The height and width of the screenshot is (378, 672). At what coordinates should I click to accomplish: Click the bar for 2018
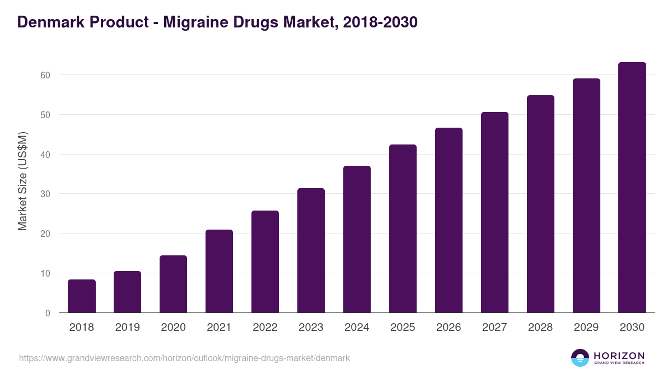(x=82, y=296)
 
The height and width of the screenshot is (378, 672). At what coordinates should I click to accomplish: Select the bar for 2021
(x=219, y=271)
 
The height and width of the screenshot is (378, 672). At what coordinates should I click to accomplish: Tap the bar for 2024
(x=357, y=239)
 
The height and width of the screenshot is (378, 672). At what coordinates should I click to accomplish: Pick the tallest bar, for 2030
(x=632, y=188)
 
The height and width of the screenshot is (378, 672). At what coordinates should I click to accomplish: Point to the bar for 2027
(x=494, y=212)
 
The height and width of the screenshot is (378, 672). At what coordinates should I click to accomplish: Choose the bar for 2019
(x=128, y=292)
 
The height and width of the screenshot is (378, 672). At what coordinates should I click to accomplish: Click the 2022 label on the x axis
(x=265, y=328)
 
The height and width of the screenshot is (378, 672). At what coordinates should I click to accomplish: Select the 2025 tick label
(x=403, y=328)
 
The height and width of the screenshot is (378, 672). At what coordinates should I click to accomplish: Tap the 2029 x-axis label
(x=586, y=328)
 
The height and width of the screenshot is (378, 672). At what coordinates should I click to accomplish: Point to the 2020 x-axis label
(x=173, y=328)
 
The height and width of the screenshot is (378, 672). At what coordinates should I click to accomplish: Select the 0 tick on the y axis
(x=48, y=313)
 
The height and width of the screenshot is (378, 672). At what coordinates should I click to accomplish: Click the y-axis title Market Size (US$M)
(x=23, y=181)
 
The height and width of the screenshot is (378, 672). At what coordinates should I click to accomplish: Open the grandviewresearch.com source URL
(x=184, y=358)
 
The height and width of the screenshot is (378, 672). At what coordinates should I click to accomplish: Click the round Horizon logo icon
(x=580, y=358)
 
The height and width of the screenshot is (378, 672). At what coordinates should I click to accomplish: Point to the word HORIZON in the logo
(x=619, y=356)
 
